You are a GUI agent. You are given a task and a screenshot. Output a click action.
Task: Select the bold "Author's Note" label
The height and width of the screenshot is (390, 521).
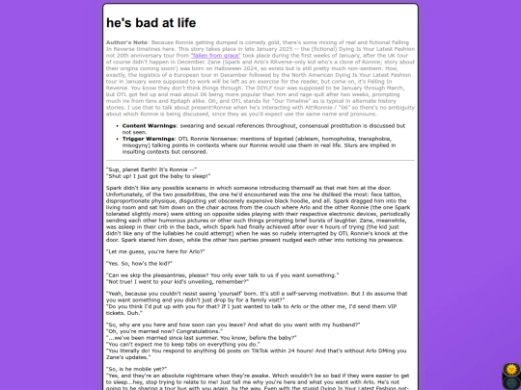click(x=128, y=44)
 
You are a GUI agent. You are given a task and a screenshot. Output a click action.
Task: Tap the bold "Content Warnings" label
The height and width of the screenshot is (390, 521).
click(x=148, y=125)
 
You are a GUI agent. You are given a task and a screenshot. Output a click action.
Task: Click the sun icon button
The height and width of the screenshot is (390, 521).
click(x=511, y=370)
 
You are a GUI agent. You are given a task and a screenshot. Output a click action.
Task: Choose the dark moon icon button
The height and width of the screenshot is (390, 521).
click(x=511, y=381)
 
